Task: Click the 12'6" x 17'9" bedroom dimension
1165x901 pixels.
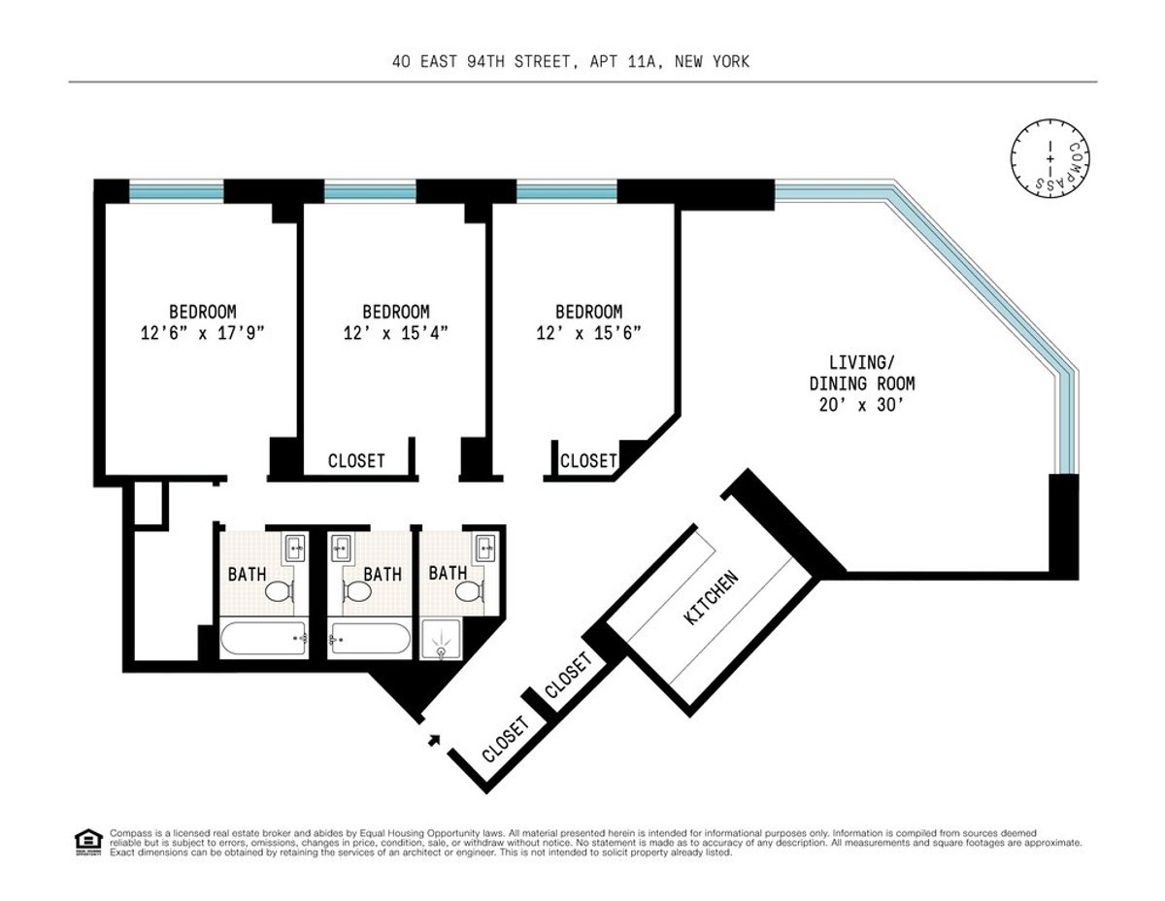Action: [202, 332]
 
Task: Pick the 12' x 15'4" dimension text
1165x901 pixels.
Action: [395, 332]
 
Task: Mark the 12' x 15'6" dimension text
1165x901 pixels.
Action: [588, 332]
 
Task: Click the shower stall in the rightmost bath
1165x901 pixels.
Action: [443, 642]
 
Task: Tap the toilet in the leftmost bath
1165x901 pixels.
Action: [280, 591]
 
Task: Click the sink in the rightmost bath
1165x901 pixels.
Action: [484, 550]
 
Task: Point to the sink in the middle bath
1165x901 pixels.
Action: [342, 550]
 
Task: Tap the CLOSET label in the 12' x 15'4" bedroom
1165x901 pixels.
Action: [356, 461]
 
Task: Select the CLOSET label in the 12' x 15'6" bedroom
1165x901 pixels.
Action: [588, 461]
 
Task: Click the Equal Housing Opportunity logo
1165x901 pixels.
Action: [87, 841]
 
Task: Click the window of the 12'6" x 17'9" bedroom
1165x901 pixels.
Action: [177, 191]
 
